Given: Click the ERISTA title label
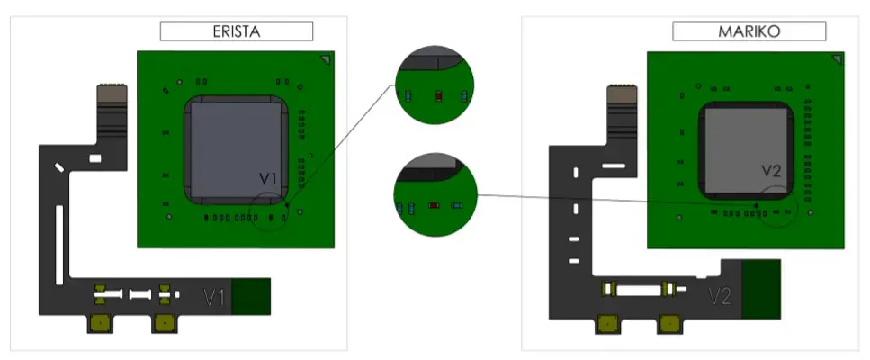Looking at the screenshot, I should [x=236, y=31].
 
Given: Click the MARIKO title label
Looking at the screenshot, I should [x=748, y=31].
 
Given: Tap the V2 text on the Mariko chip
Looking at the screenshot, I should [x=772, y=170].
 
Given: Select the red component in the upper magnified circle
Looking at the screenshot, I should [x=438, y=94].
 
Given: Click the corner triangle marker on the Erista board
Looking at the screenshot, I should [x=325, y=59].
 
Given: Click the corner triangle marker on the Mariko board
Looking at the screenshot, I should [x=837, y=59].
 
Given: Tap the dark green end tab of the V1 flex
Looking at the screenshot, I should [x=253, y=296].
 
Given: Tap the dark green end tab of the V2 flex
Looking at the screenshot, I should [x=761, y=288].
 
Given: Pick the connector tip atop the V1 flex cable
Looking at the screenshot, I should [x=112, y=94].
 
